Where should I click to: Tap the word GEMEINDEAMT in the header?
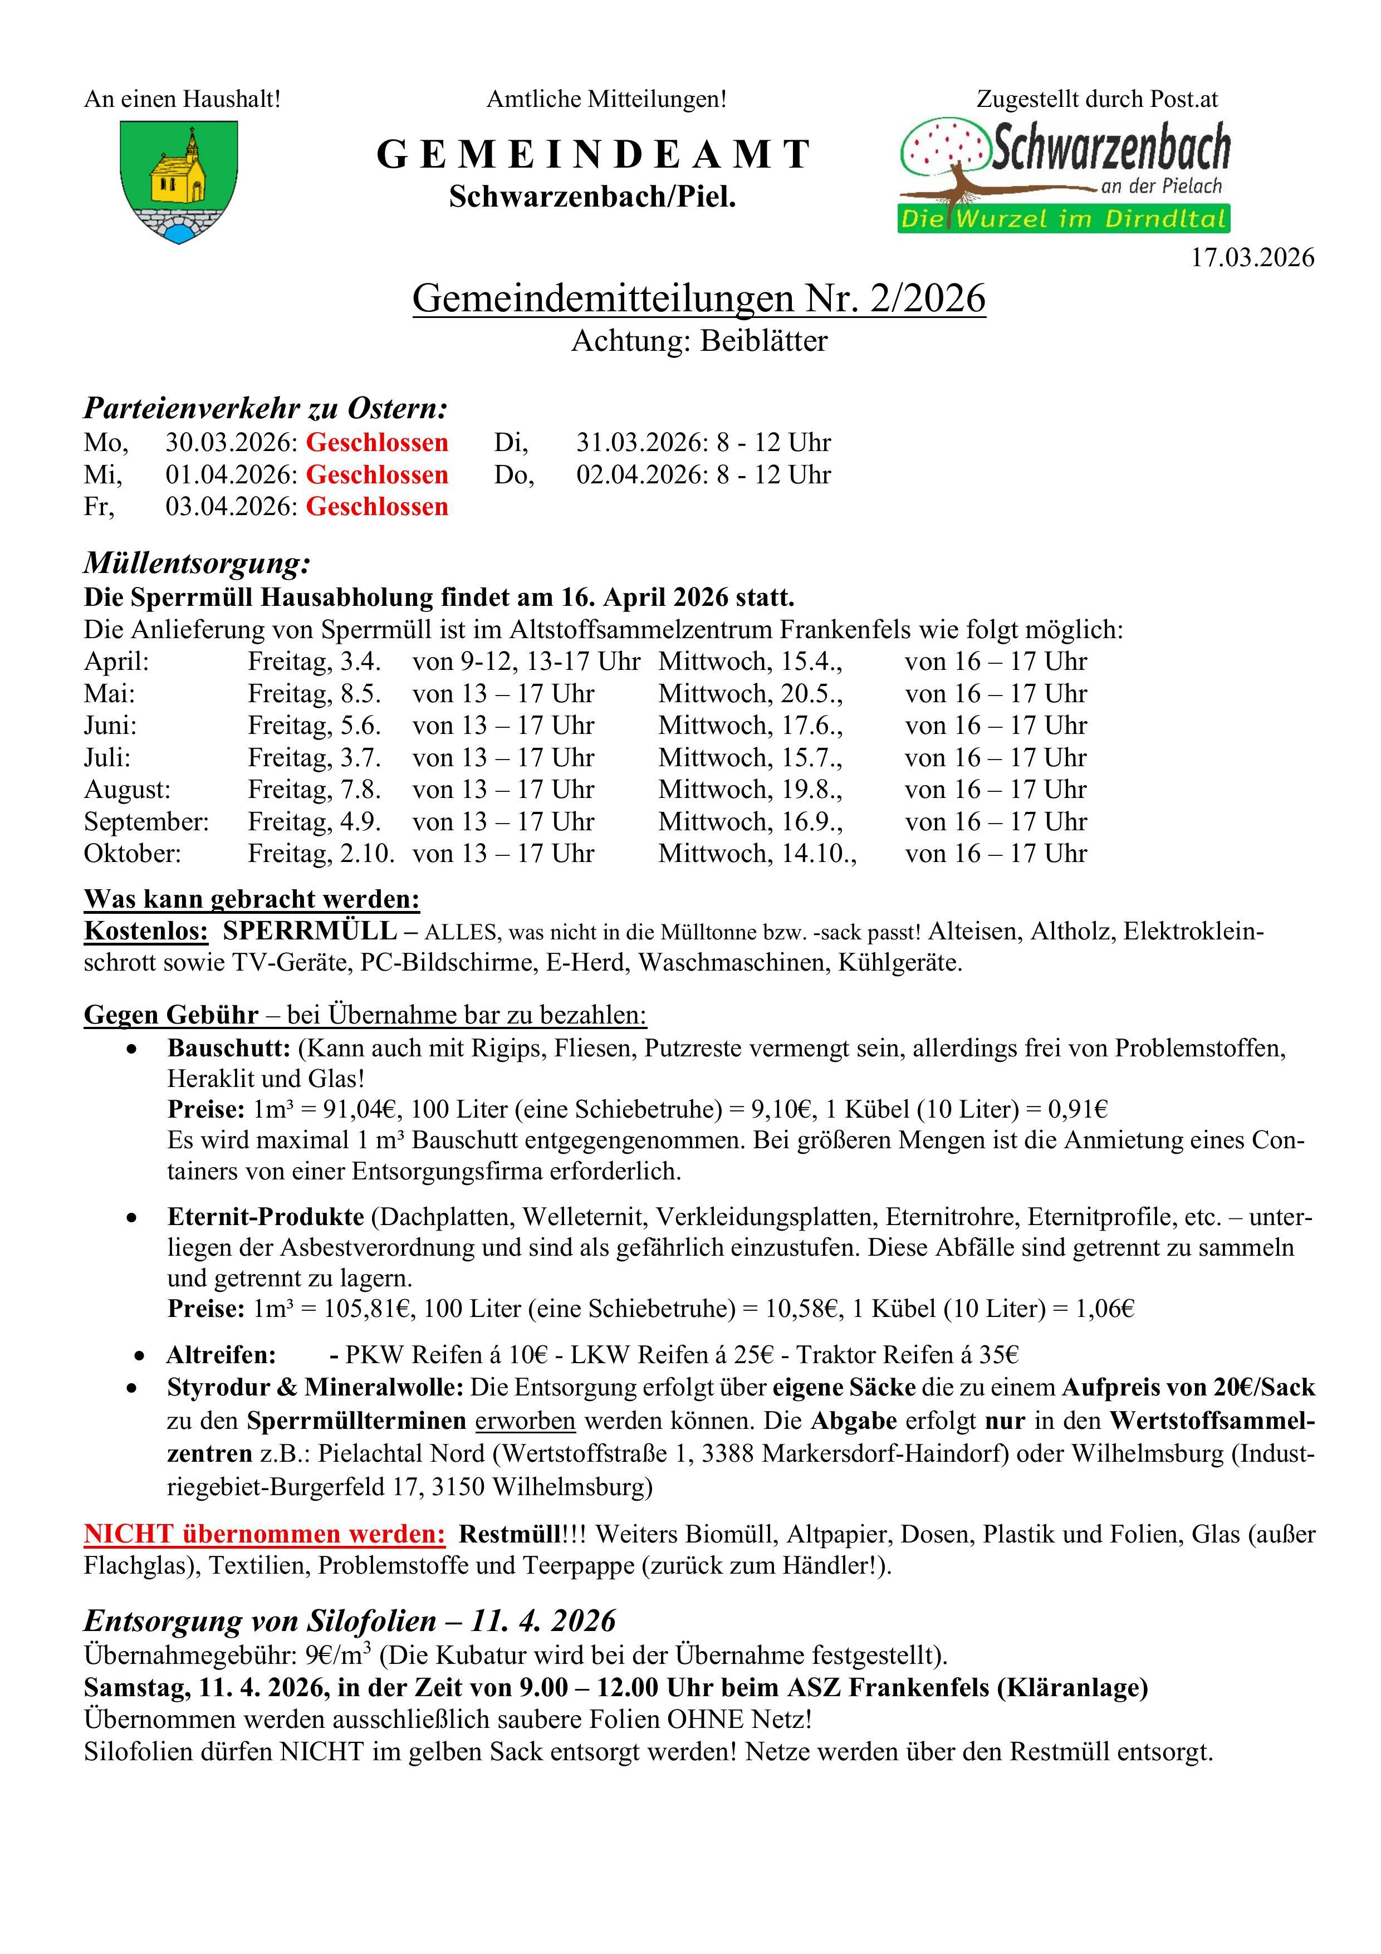click(x=592, y=155)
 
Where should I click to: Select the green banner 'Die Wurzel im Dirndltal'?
click(x=1064, y=219)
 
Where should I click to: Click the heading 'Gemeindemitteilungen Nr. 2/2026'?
click(x=699, y=298)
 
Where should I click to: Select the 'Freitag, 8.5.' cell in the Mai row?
click(x=314, y=694)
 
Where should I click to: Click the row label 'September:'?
click(x=146, y=822)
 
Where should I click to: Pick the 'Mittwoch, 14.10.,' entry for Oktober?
click(x=757, y=854)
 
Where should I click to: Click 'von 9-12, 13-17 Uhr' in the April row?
click(x=526, y=661)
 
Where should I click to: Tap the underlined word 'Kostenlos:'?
click(x=145, y=931)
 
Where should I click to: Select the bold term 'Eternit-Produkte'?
click(x=266, y=1217)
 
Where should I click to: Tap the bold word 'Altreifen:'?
click(x=221, y=1355)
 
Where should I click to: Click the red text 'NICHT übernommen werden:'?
click(x=264, y=1535)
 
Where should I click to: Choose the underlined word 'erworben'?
click(x=525, y=1421)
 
